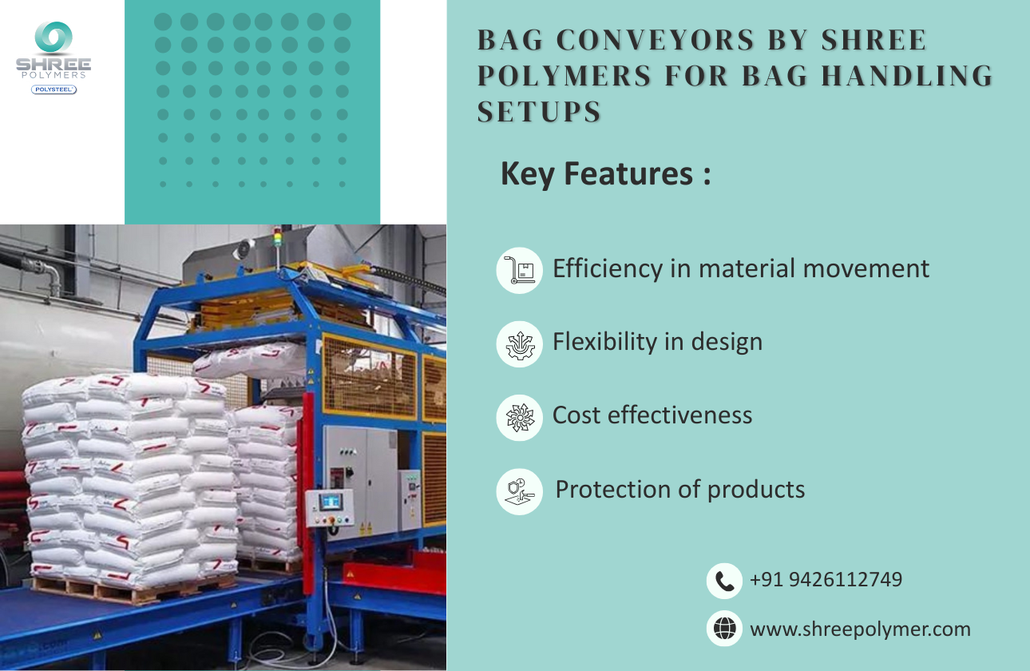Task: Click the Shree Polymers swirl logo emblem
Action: click(53, 38)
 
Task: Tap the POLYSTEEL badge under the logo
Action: click(53, 89)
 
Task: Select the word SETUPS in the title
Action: click(539, 112)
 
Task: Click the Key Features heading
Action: click(605, 173)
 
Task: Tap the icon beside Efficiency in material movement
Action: click(519, 269)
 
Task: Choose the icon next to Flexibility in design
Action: click(519, 343)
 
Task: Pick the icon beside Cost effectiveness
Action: click(519, 417)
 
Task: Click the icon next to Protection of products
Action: click(519, 490)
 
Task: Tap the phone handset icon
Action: click(724, 581)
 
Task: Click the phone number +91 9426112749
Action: click(826, 579)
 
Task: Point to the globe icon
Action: click(724, 629)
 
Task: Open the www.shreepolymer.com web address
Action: click(860, 629)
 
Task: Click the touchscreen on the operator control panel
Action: click(330, 502)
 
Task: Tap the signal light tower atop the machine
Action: click(277, 238)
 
